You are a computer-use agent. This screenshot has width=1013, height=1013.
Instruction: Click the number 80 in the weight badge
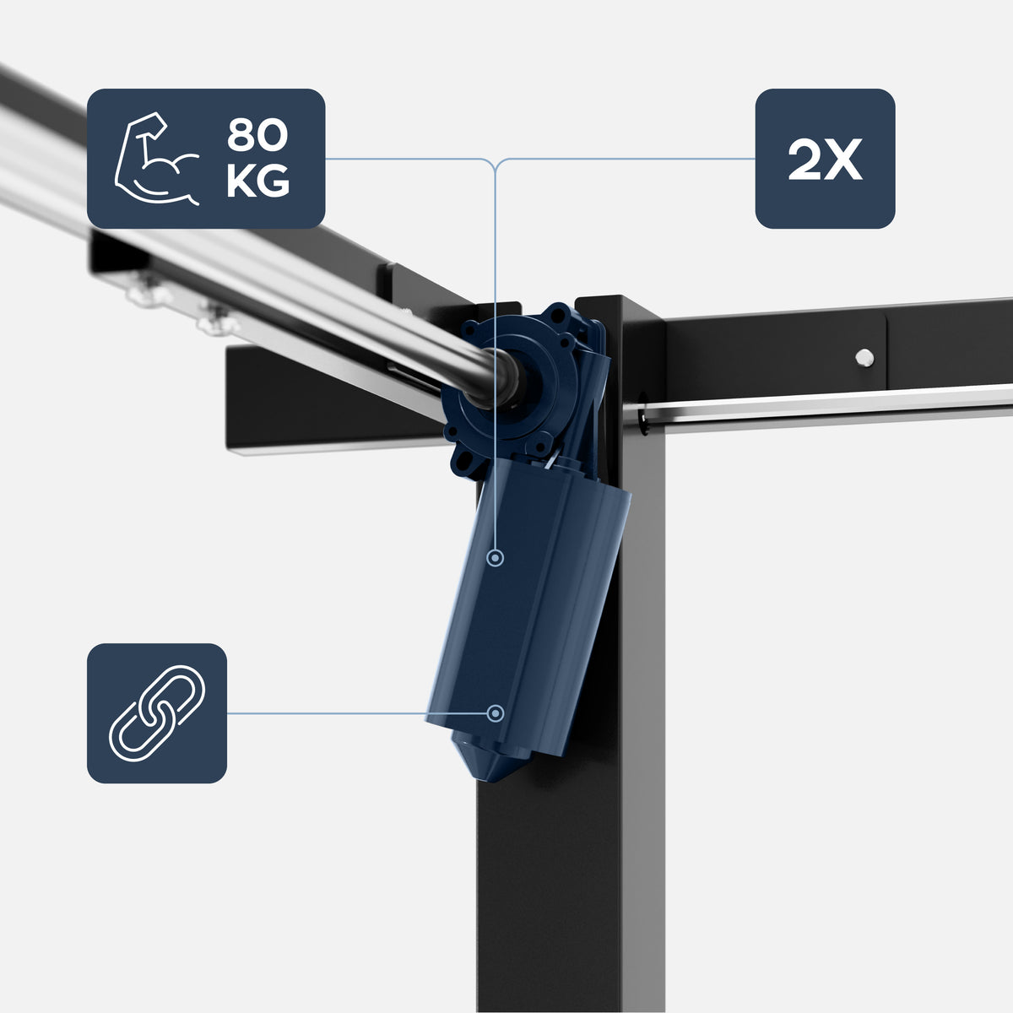coord(257,135)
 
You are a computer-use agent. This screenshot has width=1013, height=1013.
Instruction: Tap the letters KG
coord(258,181)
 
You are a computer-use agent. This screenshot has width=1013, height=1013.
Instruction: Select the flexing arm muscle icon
coord(156,158)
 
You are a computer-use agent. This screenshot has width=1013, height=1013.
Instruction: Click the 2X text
coord(825,160)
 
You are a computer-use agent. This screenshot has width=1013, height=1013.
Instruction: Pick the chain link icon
coord(157,712)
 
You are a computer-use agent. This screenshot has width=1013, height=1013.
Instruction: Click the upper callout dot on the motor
coord(495,558)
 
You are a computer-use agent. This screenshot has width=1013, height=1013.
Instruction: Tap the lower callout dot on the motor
coord(495,713)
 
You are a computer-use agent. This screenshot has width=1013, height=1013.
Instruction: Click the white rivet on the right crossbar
coord(864,358)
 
